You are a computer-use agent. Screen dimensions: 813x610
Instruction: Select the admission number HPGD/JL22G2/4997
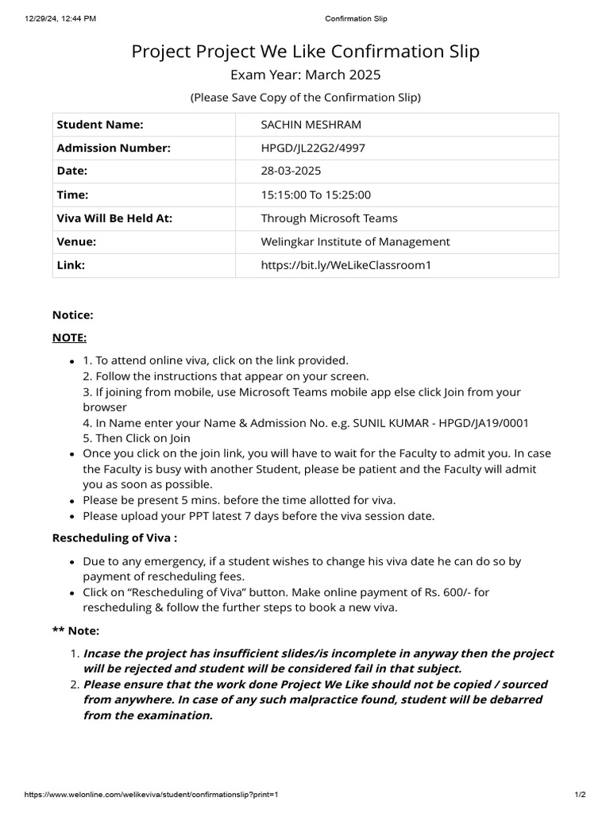(x=313, y=148)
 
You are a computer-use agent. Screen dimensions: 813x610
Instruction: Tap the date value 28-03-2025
(x=291, y=171)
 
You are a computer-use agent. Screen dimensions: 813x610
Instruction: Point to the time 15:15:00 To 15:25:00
(x=316, y=195)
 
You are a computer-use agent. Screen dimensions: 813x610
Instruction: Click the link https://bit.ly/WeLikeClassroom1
(x=346, y=265)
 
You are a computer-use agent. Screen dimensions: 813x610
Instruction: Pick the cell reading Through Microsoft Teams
(x=329, y=218)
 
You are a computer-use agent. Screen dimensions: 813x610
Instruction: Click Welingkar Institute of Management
(x=355, y=241)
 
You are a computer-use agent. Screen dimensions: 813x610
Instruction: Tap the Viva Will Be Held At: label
(x=114, y=218)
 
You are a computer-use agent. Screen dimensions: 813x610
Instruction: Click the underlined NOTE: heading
(x=69, y=337)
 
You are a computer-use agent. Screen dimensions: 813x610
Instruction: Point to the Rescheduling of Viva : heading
(x=114, y=538)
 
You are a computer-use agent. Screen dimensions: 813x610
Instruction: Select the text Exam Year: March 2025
(x=305, y=75)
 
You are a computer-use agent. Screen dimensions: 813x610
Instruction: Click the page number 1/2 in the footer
(x=580, y=795)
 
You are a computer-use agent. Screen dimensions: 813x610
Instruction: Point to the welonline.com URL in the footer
(x=152, y=795)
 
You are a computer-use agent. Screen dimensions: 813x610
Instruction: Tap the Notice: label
(x=73, y=314)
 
